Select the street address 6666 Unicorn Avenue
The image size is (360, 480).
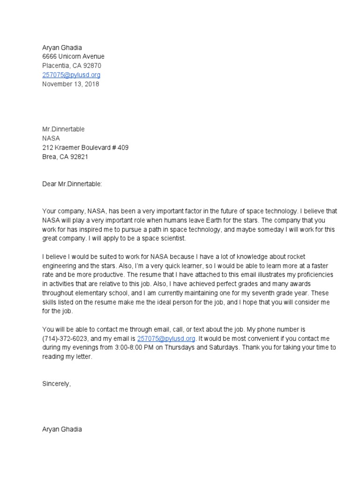[73, 56]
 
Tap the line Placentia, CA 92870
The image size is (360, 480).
[71, 66]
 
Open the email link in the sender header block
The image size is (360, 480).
[71, 75]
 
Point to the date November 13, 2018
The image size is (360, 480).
[71, 84]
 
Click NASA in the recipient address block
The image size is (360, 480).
[51, 138]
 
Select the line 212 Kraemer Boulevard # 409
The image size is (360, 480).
[85, 148]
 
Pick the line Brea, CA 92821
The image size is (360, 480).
[65, 157]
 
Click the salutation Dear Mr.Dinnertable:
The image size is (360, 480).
[72, 184]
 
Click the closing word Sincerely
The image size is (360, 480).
[56, 383]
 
